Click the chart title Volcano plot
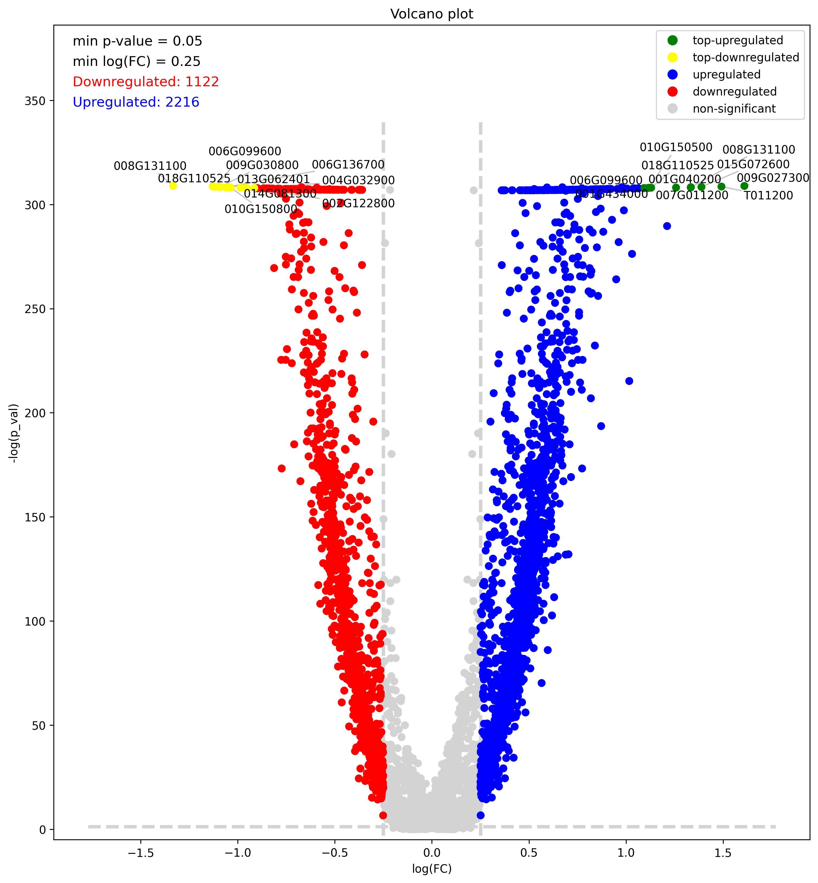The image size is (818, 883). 431,14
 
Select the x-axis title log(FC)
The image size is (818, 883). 431,869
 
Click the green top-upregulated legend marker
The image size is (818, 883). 672,40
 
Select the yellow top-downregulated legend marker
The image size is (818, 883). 672,57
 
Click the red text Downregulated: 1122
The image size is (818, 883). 146,82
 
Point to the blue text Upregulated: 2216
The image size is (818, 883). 136,102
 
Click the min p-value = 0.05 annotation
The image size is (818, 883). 137,41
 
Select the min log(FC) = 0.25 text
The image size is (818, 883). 136,62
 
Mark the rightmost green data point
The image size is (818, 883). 744,186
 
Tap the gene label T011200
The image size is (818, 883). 768,195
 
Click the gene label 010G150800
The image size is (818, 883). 261,209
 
